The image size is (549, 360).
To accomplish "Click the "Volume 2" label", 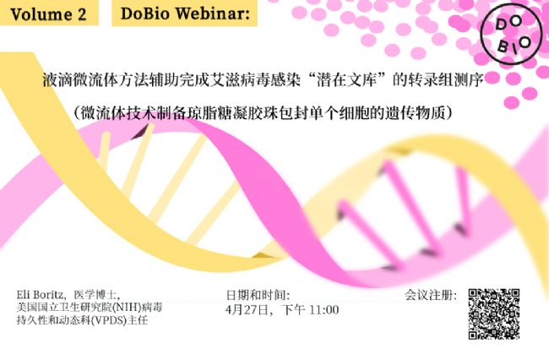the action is [48, 14].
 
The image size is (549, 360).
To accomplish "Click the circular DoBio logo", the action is [511, 35].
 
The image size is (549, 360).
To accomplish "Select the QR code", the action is [494, 314].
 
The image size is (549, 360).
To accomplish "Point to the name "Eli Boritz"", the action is [40, 294].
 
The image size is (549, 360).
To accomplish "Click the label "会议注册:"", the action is [431, 295].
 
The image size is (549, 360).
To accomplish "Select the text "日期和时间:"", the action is [258, 295].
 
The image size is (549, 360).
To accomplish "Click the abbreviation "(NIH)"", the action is [127, 308].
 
